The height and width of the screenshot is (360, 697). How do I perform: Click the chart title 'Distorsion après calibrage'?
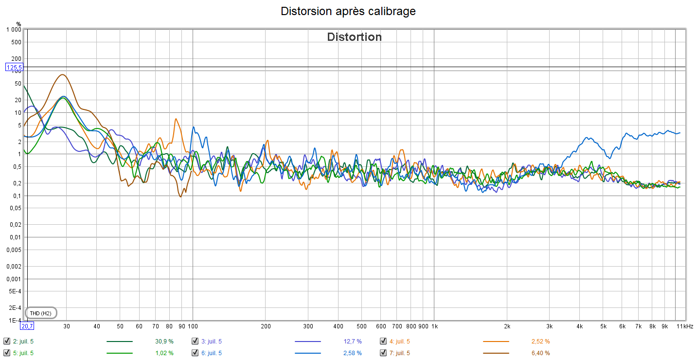coord(348,11)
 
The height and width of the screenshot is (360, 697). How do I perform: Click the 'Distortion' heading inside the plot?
coord(354,37)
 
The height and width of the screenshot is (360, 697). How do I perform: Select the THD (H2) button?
coord(40,313)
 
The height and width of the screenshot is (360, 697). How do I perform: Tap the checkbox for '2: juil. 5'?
coord(6,341)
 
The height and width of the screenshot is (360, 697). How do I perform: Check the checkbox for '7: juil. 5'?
coord(383,353)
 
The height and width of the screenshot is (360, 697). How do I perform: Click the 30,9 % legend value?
coord(161,341)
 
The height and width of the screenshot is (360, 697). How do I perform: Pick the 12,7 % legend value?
coord(353,341)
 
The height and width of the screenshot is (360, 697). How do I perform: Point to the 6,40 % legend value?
coord(540,353)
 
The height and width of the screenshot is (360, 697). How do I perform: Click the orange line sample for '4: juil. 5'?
coord(496,341)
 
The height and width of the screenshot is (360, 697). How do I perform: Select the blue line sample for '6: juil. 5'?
coord(307,353)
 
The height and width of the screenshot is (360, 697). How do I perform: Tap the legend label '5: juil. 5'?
coord(23,353)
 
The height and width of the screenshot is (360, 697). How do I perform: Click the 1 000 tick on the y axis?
coord(13,30)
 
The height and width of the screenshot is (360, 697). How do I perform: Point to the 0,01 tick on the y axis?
coord(16,237)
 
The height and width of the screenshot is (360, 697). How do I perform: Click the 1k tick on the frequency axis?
coord(435,326)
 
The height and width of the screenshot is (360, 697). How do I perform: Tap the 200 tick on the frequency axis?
coord(266,326)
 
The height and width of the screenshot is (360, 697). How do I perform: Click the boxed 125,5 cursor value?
coord(14,67)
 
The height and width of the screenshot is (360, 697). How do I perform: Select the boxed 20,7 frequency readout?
coord(27,326)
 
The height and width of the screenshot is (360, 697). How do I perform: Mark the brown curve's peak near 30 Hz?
coord(62,74)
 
